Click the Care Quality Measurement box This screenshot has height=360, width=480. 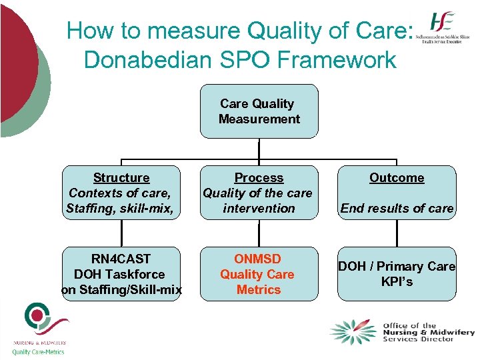coord(259,111)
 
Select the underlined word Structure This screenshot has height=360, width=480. coord(121,178)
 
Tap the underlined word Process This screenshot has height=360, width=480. coord(259,178)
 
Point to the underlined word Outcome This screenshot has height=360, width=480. coord(397,178)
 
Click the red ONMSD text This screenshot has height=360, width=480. coord(257,259)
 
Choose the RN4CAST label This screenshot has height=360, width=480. coord(121,259)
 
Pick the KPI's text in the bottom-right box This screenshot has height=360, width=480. coord(397,282)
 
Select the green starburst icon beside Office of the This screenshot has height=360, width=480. coord(353,332)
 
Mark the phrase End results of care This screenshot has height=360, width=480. coord(397,209)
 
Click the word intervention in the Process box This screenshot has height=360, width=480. coord(259,209)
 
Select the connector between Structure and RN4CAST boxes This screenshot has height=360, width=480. coord(121,233)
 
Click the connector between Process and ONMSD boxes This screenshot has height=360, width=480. coord(259,233)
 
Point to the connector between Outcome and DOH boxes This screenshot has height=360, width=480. coord(397,233)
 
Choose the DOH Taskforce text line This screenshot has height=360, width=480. coord(120,274)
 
